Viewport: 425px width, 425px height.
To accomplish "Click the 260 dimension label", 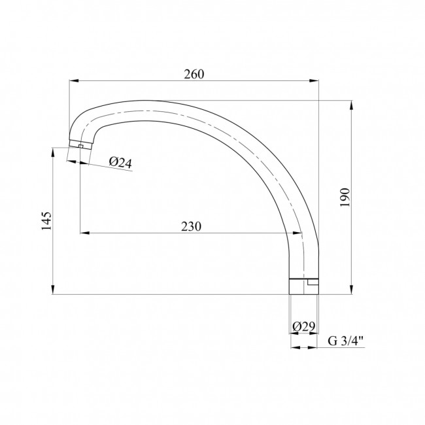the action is tap(194, 75).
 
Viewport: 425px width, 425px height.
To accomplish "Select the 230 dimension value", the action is tap(191, 227).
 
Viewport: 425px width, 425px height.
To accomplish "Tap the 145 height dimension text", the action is tap(46, 220).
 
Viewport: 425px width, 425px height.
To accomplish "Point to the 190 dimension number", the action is tap(345, 197).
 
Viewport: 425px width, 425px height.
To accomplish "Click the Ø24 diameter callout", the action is tap(120, 163).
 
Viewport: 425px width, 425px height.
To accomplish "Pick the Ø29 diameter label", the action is tap(304, 327).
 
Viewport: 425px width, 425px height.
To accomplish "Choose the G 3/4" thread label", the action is tap(346, 341).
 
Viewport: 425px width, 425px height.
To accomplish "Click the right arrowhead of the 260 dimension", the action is tap(314, 80).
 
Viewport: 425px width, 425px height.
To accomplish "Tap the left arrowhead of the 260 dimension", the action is tap(74, 80).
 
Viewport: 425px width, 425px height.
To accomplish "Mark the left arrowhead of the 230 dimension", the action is tap(84, 233).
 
